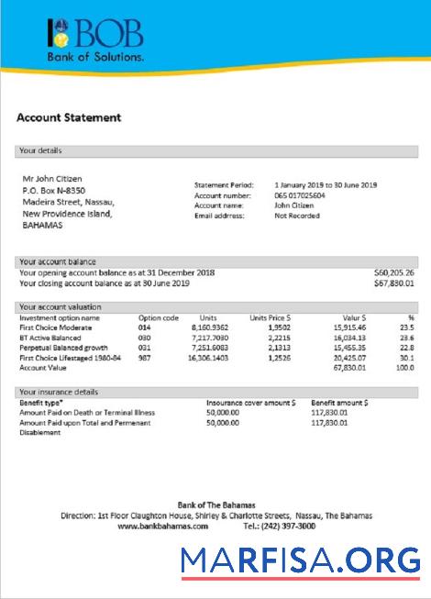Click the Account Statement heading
(69, 118)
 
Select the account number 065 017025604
(305, 195)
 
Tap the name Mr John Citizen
(52, 178)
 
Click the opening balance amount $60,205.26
(394, 272)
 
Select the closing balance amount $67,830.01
(394, 283)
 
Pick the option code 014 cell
(144, 327)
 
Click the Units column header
(207, 316)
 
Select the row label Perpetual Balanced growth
(63, 349)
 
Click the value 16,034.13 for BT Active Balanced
(345, 338)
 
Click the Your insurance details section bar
(217, 392)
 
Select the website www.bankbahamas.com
(162, 527)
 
